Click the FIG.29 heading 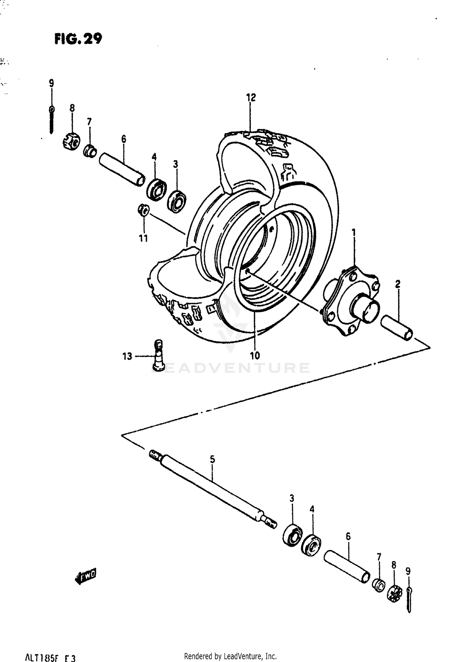click(x=78, y=39)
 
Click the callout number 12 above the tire click(x=251, y=98)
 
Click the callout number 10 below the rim click(x=255, y=355)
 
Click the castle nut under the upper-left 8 click(x=71, y=141)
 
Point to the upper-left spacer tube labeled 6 click(x=122, y=169)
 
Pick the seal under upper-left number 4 click(x=156, y=190)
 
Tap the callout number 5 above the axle click(x=212, y=459)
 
